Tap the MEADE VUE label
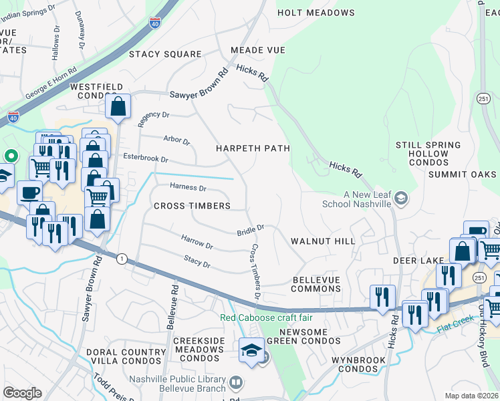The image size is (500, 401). click(x=257, y=50)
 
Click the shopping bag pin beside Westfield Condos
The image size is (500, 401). click(x=118, y=107)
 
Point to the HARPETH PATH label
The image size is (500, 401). click(x=252, y=148)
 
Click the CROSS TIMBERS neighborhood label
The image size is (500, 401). click(x=192, y=206)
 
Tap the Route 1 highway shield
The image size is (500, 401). click(x=122, y=258)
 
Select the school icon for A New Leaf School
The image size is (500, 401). click(x=400, y=198)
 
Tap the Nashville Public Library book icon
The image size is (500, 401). click(x=235, y=382)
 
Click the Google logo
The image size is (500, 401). click(x=22, y=393)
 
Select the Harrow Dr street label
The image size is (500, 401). click(x=197, y=241)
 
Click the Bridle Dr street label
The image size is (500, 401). click(x=251, y=230)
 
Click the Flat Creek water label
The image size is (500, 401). click(x=455, y=329)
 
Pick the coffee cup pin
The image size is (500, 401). click(x=29, y=192)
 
